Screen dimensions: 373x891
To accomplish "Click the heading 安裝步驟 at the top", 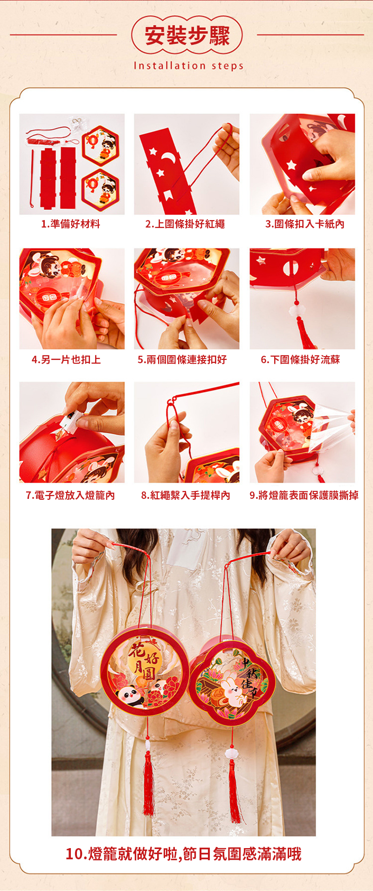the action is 187,35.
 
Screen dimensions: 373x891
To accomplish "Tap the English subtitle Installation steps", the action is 188,66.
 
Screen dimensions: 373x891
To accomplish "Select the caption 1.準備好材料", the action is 70,224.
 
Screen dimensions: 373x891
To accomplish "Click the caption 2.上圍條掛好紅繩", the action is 185,224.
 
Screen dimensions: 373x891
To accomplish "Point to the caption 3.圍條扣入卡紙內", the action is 305,224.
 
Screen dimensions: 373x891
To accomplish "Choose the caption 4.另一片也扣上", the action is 66,359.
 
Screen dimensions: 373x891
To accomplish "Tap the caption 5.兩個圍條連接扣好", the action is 182,359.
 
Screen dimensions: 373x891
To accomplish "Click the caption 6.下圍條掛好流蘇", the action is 300,359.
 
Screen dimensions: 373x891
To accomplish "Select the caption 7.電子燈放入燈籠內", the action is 70,495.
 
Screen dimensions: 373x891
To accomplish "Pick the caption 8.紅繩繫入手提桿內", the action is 186,495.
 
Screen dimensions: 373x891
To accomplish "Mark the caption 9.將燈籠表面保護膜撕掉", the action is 304,495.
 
